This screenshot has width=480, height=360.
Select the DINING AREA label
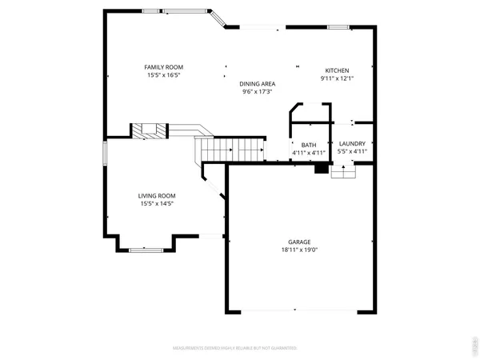tap(258, 83)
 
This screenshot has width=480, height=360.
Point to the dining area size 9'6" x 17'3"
tap(258, 91)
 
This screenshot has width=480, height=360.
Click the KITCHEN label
tap(337, 70)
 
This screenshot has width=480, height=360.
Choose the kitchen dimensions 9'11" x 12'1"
tap(337, 78)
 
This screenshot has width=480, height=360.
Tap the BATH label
tap(309, 144)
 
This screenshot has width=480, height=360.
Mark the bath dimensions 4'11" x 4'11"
tap(309, 152)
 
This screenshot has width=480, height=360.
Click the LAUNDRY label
tap(352, 144)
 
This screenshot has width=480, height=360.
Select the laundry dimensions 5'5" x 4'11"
tap(352, 152)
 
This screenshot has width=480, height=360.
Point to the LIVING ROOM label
tap(157, 196)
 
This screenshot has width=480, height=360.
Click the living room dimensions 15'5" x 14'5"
tap(157, 204)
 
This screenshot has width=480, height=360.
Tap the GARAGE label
tap(299, 242)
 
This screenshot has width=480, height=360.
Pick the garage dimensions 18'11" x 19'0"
tap(299, 250)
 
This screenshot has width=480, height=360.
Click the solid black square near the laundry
tap(322, 168)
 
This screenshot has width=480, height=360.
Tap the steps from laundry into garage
tap(342, 172)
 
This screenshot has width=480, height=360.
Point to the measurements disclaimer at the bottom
tap(235, 349)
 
